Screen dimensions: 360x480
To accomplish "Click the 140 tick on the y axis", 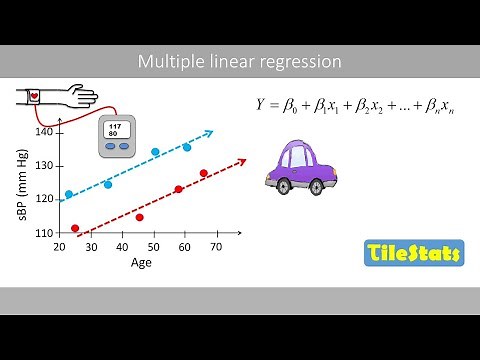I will [x=43, y=132].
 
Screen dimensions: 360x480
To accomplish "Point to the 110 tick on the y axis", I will [x=43, y=232].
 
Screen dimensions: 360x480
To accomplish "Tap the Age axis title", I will [x=142, y=263].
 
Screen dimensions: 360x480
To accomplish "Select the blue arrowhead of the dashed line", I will [x=209, y=131].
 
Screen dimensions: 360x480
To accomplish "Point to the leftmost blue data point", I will [x=68, y=194].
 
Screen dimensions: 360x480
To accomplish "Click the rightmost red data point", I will [x=203, y=173].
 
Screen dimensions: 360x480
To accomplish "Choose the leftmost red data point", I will [x=75, y=228].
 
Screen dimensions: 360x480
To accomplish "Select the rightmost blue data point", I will [x=186, y=147].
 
